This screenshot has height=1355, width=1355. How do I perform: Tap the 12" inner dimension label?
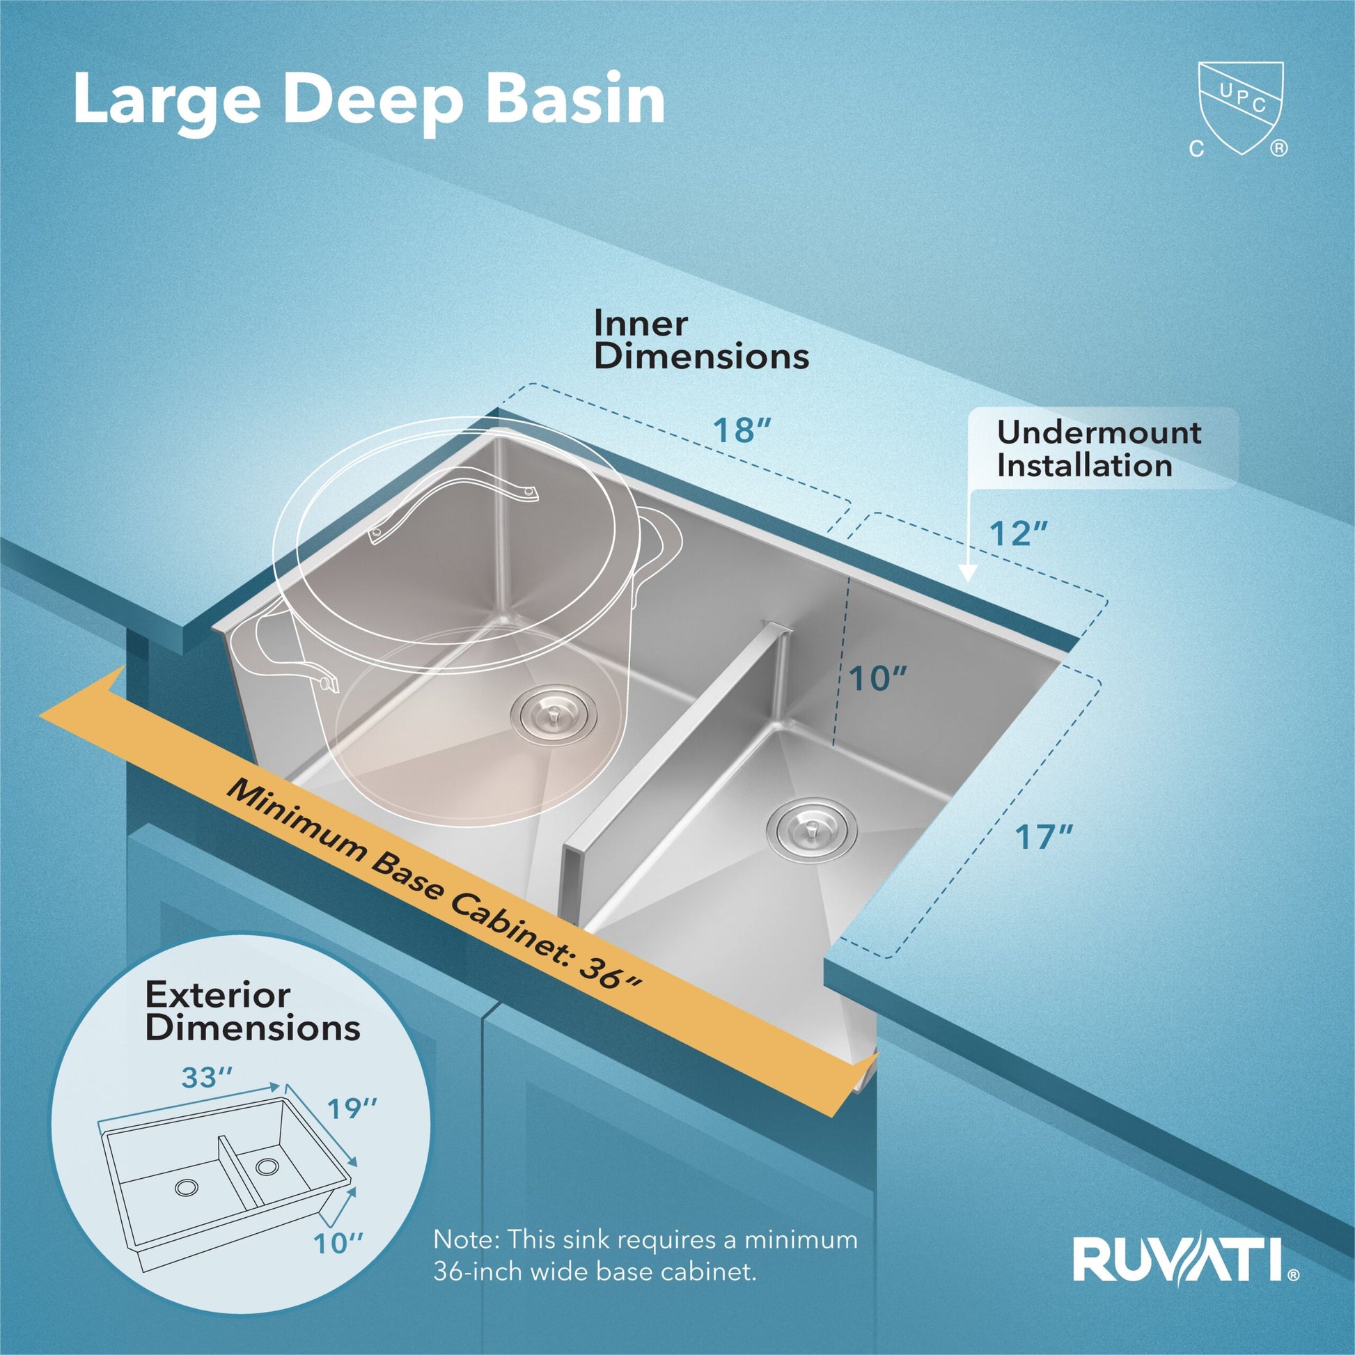pyautogui.click(x=1019, y=534)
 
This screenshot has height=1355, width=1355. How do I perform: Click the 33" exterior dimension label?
pyautogui.click(x=207, y=1076)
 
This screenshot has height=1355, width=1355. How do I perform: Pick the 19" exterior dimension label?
pyautogui.click(x=352, y=1108)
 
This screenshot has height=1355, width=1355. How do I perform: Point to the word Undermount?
pyautogui.click(x=1099, y=432)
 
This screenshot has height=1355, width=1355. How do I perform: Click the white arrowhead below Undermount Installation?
pyautogui.click(x=967, y=576)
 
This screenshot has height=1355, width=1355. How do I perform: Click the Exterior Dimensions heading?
pyautogui.click(x=253, y=1011)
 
